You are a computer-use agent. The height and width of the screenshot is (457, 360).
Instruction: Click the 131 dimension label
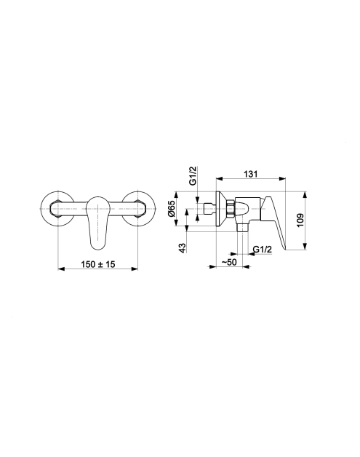tap(250, 174)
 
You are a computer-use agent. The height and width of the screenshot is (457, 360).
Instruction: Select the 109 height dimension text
tap(300, 220)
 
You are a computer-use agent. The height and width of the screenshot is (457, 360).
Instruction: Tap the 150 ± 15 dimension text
tap(98, 264)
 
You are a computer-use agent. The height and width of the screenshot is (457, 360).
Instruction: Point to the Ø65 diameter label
tap(171, 208)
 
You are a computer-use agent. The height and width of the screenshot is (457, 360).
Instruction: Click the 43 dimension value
tap(182, 248)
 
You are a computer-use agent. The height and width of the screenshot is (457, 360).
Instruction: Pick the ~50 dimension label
tap(229, 262)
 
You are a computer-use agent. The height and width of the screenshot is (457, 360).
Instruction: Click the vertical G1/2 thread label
tap(193, 176)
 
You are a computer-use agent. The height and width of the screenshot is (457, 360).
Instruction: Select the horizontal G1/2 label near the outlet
tap(262, 250)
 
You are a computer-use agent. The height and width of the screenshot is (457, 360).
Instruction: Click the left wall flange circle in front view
tap(41, 209)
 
